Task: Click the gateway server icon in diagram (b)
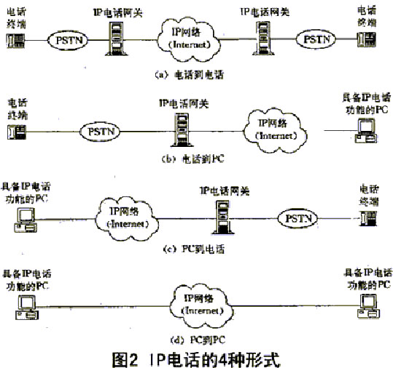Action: [178, 132]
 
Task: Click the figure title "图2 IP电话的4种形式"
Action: [197, 357]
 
